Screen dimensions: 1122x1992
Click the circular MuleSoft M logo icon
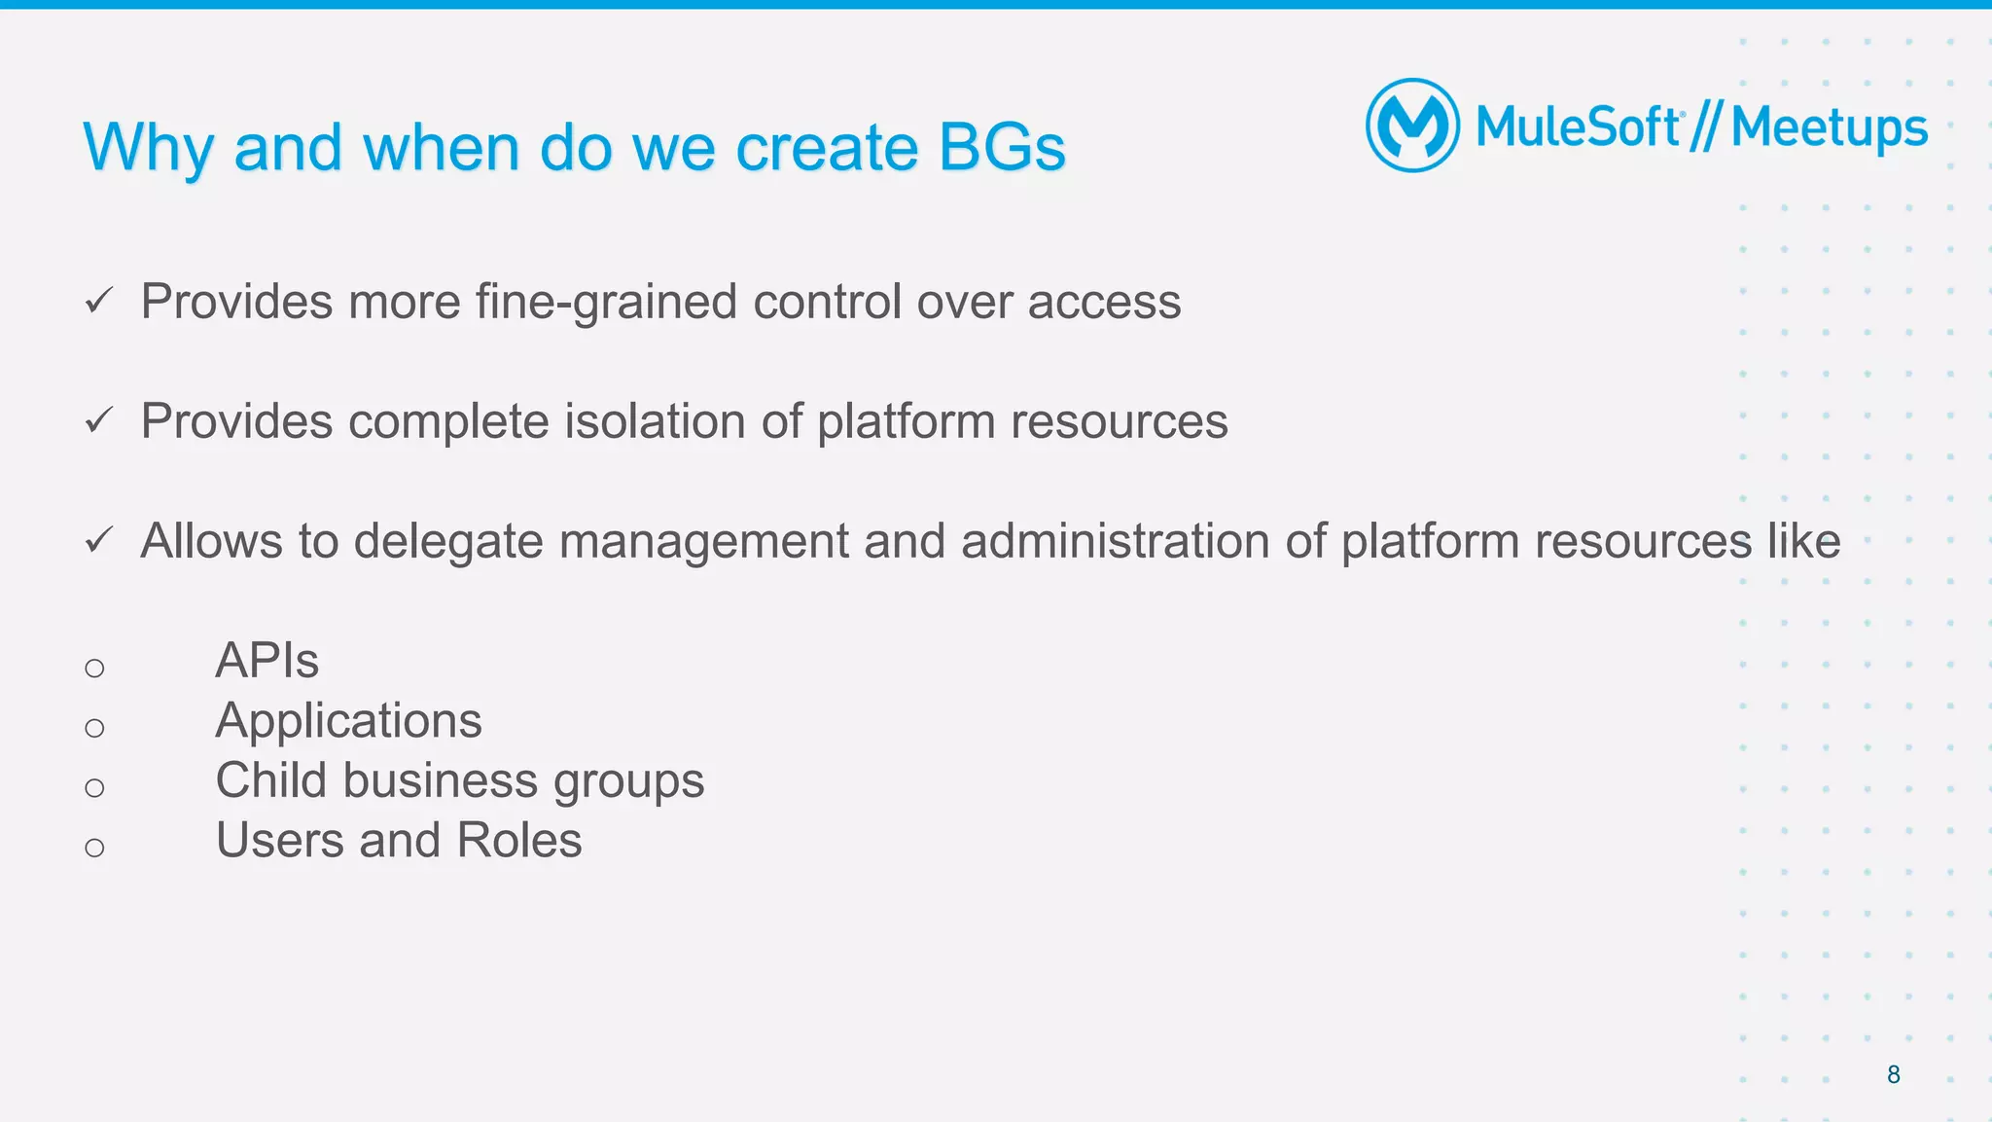(x=1412, y=126)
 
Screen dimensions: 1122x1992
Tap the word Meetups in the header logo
(x=1829, y=128)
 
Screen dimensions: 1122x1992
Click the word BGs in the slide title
(x=1002, y=148)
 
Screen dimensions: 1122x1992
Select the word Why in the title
(x=148, y=148)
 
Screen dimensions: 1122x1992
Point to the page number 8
(x=1893, y=1074)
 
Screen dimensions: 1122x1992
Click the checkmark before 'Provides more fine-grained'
(x=99, y=301)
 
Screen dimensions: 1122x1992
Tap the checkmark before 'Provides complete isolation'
(x=99, y=420)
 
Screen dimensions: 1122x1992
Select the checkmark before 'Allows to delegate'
(x=99, y=540)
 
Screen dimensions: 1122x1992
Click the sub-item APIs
(x=267, y=661)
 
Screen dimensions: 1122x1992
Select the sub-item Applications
(x=348, y=721)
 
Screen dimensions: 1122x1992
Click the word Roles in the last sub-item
(x=519, y=840)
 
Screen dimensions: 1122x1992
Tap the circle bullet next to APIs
(x=94, y=668)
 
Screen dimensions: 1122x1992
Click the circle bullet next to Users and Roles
(x=94, y=848)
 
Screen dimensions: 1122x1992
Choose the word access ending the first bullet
(x=1104, y=302)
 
